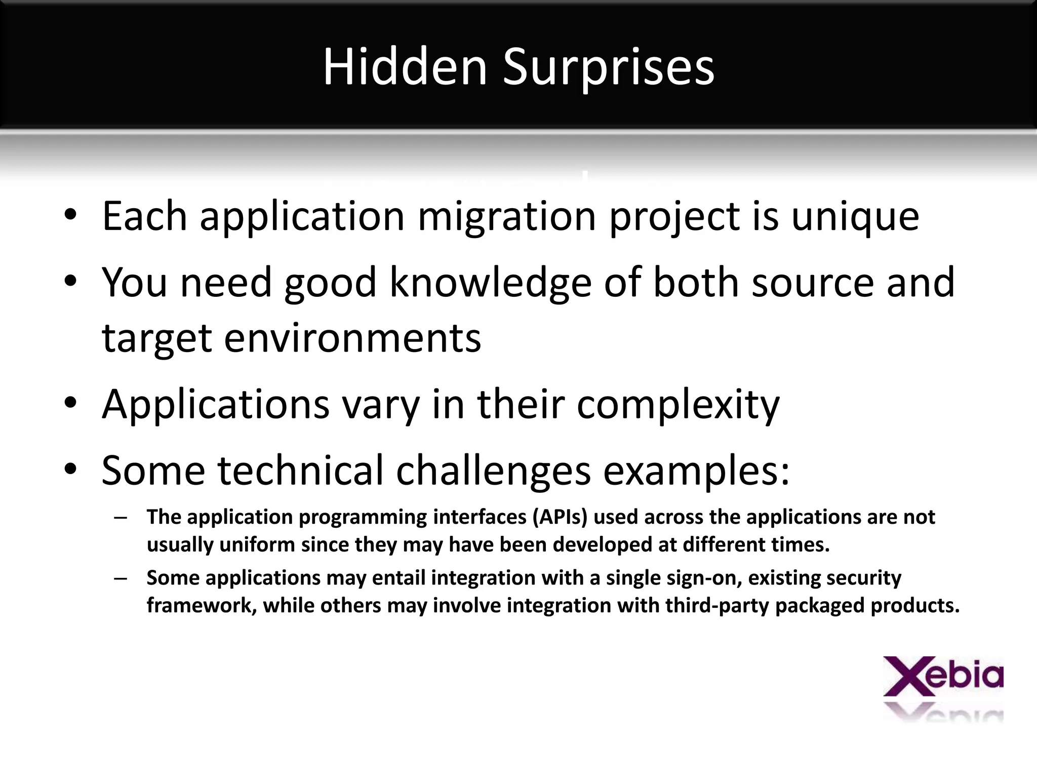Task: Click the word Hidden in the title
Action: pos(405,67)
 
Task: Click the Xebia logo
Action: pos(943,677)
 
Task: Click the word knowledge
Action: pos(490,283)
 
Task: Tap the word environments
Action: pos(352,338)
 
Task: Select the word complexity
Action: pos(678,405)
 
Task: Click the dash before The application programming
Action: pos(120,518)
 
